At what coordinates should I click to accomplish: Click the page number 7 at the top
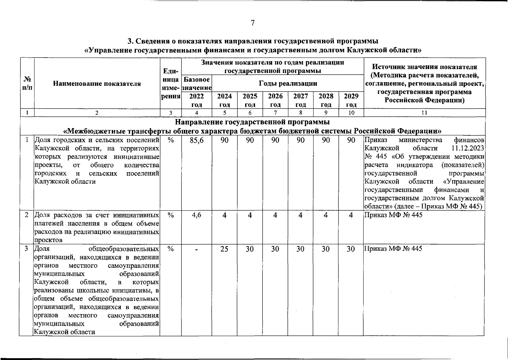tap(252, 23)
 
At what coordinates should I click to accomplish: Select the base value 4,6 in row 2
tap(197, 215)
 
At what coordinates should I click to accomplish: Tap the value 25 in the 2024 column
tap(224, 249)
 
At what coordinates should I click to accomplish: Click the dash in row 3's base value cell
tap(197, 250)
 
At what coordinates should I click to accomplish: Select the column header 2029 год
tap(351, 100)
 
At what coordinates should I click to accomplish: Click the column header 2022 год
tap(197, 100)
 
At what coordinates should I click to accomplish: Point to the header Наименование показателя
tap(97, 84)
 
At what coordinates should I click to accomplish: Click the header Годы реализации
tap(288, 83)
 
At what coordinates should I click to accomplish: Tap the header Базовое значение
tap(197, 84)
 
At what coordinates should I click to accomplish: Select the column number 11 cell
tap(424, 113)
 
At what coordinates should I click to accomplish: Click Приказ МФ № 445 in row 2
tap(393, 215)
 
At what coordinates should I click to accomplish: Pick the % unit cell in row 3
tap(171, 249)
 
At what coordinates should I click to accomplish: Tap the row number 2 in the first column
tap(27, 215)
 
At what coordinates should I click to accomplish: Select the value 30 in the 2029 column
tap(351, 249)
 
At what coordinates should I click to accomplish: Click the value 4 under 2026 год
tap(275, 215)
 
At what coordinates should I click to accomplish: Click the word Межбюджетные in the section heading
tap(95, 131)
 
